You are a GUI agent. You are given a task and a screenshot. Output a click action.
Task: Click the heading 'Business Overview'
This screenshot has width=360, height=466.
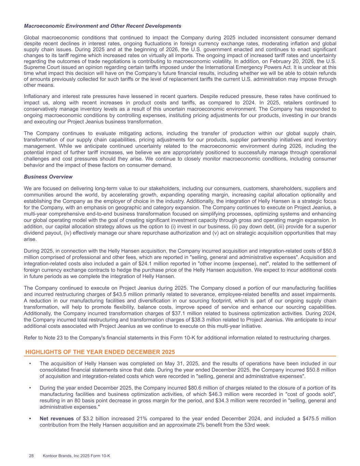(x=48, y=177)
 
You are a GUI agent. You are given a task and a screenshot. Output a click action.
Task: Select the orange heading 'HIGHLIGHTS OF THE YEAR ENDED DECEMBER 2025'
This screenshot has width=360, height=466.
(x=100, y=352)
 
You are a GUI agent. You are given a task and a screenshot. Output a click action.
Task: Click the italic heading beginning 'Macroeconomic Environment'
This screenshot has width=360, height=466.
(x=102, y=26)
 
